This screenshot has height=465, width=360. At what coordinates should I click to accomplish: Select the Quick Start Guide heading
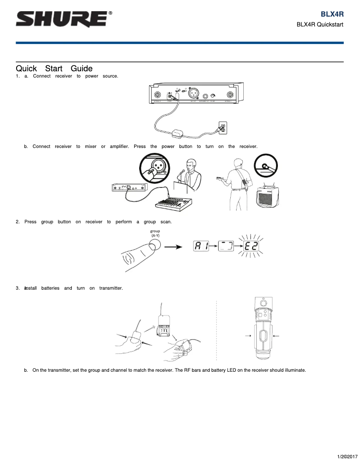(54, 69)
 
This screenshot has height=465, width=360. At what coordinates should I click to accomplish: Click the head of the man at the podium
(190, 164)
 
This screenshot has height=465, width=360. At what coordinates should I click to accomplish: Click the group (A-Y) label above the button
(155, 233)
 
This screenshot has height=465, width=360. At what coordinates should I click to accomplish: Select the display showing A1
(202, 247)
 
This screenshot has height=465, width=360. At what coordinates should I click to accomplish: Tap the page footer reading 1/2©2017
(347, 456)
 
